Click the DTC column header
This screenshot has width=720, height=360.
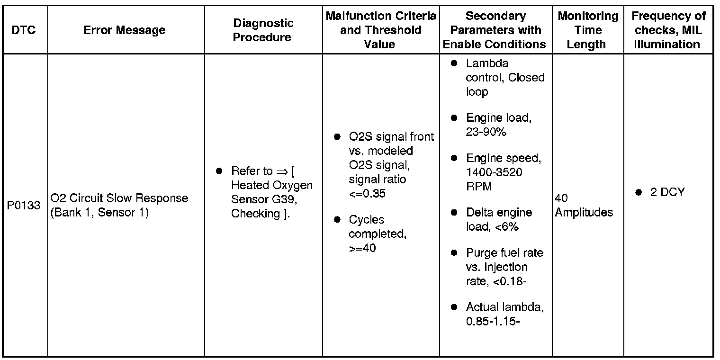[x=24, y=30]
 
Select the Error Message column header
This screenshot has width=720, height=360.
[x=125, y=30]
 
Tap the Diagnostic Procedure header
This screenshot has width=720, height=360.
[x=263, y=30]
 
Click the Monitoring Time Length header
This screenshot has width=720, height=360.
[x=588, y=30]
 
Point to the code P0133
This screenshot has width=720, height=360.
[x=24, y=206]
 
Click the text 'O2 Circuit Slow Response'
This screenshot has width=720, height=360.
[x=119, y=198]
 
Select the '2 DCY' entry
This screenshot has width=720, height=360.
[x=667, y=193]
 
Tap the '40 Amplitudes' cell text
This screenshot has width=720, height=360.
[x=583, y=205]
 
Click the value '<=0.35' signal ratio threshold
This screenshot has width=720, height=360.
[x=367, y=194]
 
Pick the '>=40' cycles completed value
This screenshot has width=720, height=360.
[x=362, y=248]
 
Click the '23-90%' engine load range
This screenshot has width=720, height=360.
[x=486, y=132]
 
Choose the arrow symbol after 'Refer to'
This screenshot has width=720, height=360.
[x=282, y=171]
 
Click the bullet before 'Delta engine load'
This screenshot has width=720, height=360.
[x=454, y=213]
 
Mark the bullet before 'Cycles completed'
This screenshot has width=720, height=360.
[x=337, y=220]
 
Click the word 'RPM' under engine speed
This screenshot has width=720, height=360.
[x=478, y=186]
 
